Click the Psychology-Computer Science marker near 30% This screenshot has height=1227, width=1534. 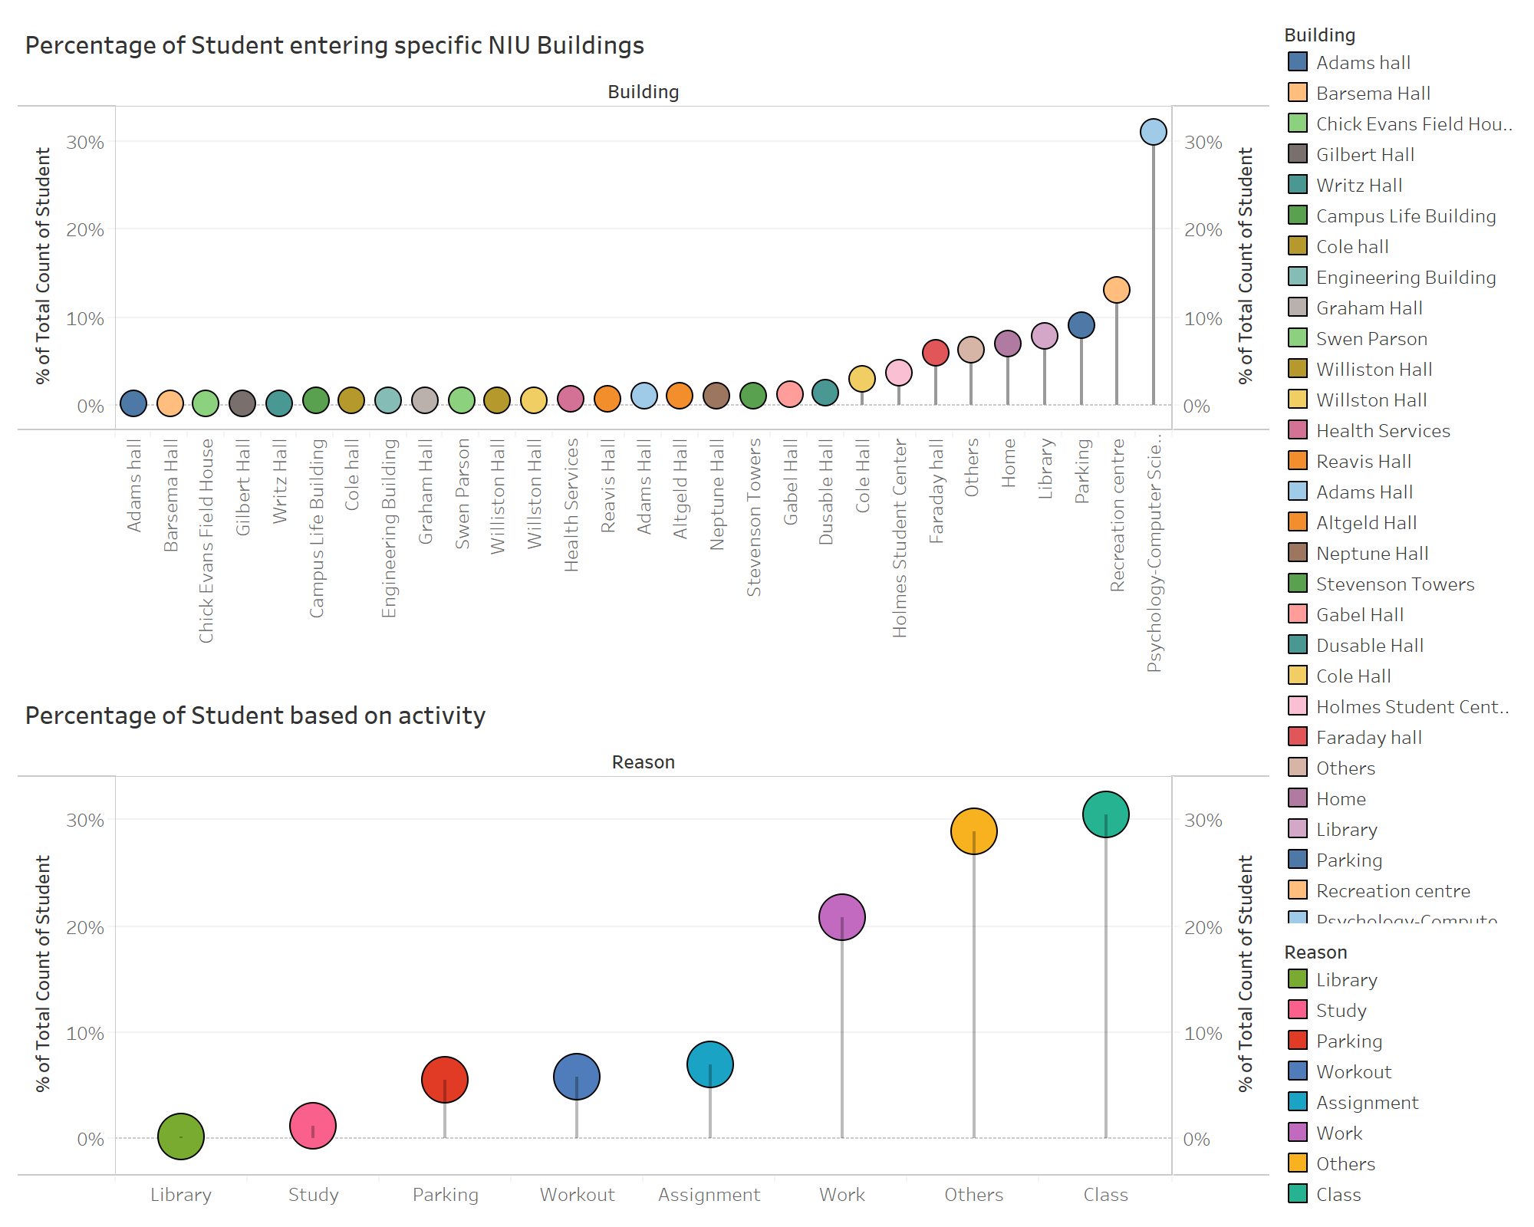pos(1153,132)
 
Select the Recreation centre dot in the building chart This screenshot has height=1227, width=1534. pos(1116,290)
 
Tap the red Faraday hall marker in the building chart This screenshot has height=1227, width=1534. pos(936,353)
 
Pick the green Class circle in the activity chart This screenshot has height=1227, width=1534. pos(1105,814)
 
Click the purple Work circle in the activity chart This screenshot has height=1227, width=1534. pos(841,917)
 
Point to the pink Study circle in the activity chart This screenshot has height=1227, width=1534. pos(313,1126)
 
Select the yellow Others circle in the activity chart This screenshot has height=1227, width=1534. pos(973,831)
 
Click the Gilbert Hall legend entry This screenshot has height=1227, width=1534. pos(1364,155)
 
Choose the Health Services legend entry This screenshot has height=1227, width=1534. pos(1382,431)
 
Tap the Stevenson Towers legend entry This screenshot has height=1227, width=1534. pos(1394,584)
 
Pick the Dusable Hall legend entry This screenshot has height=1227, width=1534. pos(1369,646)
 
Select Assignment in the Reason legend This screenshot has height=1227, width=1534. pos(1367,1103)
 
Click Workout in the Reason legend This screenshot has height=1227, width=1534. pos(1353,1072)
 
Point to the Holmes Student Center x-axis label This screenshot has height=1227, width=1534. pos(900,538)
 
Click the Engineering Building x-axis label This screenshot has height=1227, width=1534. pos(389,528)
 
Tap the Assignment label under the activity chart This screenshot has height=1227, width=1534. pos(709,1195)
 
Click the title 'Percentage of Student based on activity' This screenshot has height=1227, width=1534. pos(255,715)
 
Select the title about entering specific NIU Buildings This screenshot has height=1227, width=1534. pos(334,45)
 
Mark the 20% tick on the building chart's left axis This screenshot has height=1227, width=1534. pos(85,230)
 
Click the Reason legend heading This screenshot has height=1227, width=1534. pos(1315,952)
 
